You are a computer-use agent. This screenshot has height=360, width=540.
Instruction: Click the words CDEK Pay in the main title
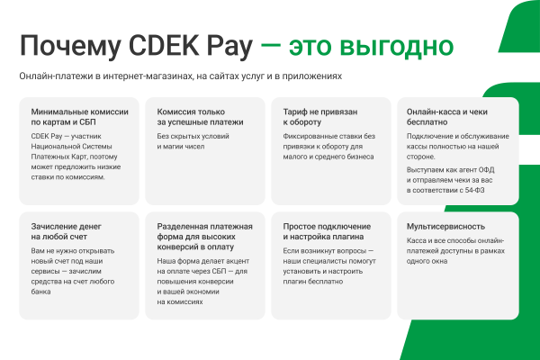(184, 44)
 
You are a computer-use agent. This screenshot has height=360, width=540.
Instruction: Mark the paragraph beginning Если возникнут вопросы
(326, 265)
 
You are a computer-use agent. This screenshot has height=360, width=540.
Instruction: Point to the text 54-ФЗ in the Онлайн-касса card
(499, 190)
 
